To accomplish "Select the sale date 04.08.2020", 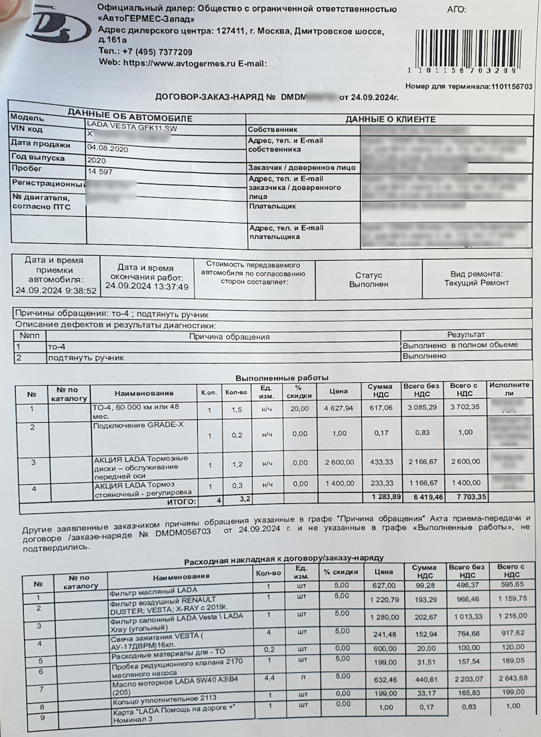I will pyautogui.click(x=108, y=149).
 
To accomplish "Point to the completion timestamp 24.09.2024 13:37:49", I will pyautogui.click(x=147, y=287).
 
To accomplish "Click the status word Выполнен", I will pyautogui.click(x=368, y=284).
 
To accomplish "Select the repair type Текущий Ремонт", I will pyautogui.click(x=476, y=283).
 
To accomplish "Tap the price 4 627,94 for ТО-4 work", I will pyautogui.click(x=338, y=408).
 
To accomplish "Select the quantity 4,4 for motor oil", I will pyautogui.click(x=269, y=678).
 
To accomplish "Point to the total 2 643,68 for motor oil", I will pyautogui.click(x=512, y=678).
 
